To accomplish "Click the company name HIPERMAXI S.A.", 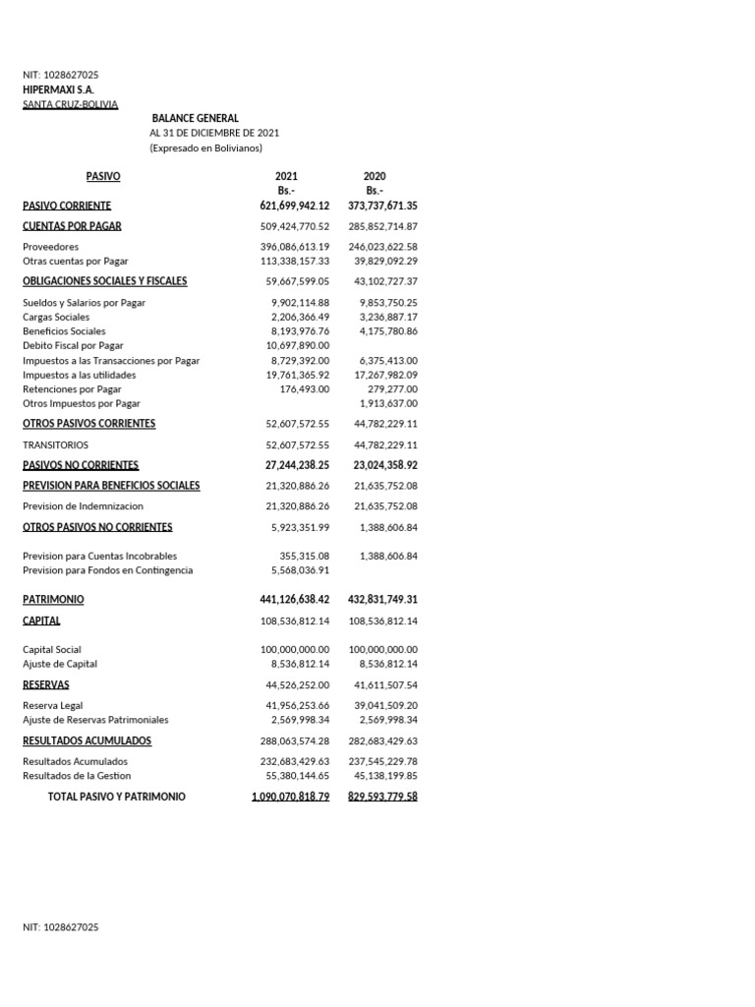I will [x=58, y=89].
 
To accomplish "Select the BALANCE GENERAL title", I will [x=195, y=118].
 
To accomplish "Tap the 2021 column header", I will [x=286, y=176].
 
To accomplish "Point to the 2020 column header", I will [x=375, y=176].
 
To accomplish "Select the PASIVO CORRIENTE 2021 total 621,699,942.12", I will [x=288, y=206].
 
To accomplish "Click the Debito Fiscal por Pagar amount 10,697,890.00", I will [x=298, y=346].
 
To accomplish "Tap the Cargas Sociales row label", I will [x=56, y=318].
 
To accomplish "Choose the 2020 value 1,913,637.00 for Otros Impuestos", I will [x=387, y=403].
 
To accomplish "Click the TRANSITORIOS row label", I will [x=55, y=444].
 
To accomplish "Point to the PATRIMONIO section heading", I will [x=53, y=599].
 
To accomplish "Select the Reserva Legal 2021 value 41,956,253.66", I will [x=297, y=706].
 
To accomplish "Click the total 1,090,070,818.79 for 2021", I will [x=290, y=797].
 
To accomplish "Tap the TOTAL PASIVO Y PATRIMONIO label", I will [x=116, y=797].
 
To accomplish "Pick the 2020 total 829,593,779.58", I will [x=382, y=797].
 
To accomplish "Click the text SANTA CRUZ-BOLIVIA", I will [x=70, y=104].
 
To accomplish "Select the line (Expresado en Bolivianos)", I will [x=205, y=148].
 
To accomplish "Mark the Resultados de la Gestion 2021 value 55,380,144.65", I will [x=297, y=776].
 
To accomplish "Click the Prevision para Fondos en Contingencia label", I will [x=108, y=570].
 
